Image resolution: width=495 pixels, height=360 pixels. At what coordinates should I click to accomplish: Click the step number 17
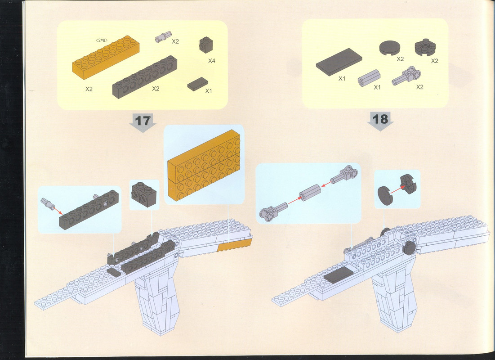click(x=143, y=121)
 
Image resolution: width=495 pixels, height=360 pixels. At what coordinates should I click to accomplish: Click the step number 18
click(x=380, y=119)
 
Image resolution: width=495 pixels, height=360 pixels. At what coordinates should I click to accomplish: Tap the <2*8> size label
click(x=102, y=40)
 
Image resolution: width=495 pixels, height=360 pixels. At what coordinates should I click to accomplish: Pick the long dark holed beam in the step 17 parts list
click(x=145, y=77)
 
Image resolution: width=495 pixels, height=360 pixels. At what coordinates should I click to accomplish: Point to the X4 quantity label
click(x=211, y=61)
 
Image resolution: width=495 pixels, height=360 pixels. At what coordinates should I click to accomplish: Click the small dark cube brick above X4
click(x=206, y=45)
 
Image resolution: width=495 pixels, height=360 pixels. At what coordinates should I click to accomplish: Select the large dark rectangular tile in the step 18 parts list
click(x=339, y=62)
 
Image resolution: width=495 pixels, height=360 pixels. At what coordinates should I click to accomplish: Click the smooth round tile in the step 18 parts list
click(x=390, y=48)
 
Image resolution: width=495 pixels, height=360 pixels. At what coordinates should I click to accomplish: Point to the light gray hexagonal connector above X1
click(x=369, y=77)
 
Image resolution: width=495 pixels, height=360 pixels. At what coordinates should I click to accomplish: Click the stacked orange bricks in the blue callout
click(x=204, y=165)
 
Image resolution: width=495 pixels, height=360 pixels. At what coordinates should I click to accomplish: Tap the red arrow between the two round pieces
click(x=398, y=189)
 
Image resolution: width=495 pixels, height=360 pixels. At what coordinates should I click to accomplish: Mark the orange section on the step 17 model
click(x=235, y=245)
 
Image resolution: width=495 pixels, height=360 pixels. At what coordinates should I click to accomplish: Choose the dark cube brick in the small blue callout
click(x=144, y=194)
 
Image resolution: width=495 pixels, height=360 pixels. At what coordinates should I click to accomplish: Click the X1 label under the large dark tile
click(x=342, y=78)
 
